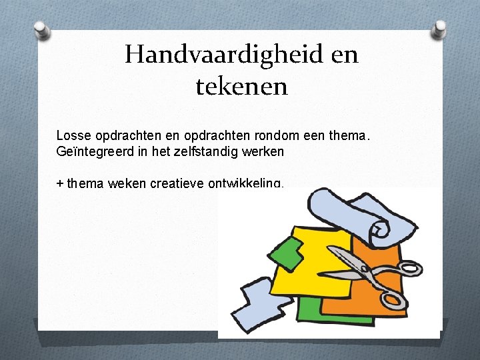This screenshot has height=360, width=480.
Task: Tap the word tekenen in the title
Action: (x=241, y=87)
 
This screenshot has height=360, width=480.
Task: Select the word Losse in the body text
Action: (x=71, y=136)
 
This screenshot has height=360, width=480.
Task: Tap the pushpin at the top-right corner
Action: (x=439, y=29)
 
